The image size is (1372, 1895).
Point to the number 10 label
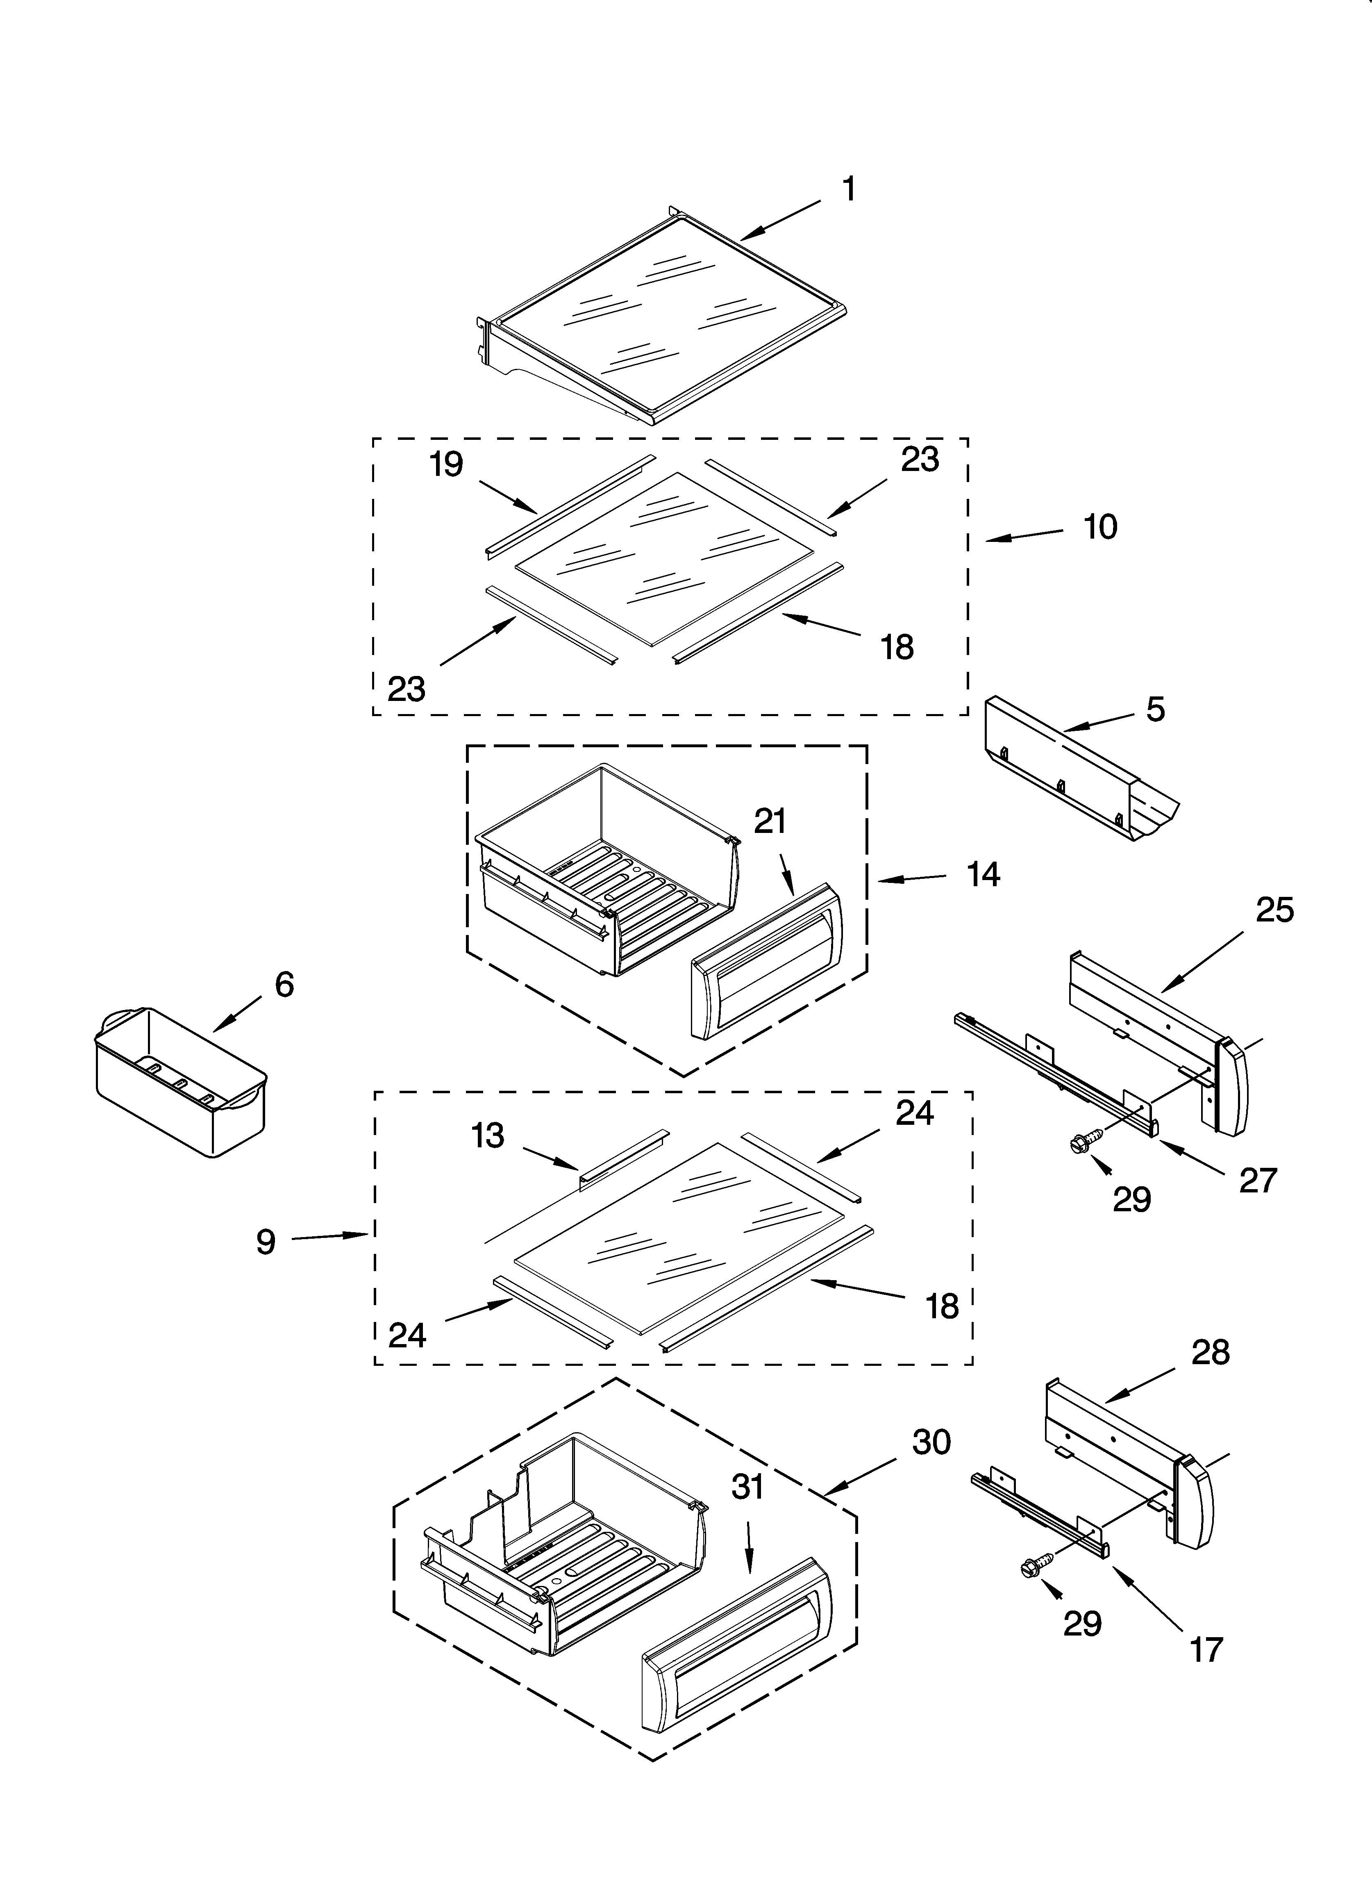coord(1099,527)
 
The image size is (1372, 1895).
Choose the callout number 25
coord(1274,910)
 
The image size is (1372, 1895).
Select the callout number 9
coord(266,1242)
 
